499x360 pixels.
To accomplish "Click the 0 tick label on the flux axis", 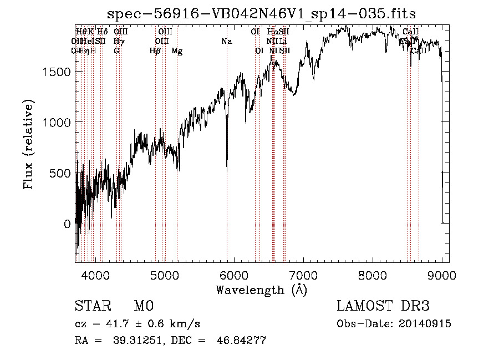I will coord(68,224).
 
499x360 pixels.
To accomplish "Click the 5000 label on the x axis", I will coord(165,275).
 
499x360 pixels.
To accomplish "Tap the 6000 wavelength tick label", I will coord(234,275).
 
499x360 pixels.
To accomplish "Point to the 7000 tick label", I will coord(303,275).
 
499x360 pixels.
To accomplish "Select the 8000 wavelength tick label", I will coord(373,275).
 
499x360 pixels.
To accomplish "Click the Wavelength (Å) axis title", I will coord(261,290).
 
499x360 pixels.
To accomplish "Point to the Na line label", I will coord(226,41).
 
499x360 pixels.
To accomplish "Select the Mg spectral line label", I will coord(177,51).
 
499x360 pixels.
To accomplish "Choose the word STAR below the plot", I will coord(90,306).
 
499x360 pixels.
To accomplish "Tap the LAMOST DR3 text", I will coord(383,306).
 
